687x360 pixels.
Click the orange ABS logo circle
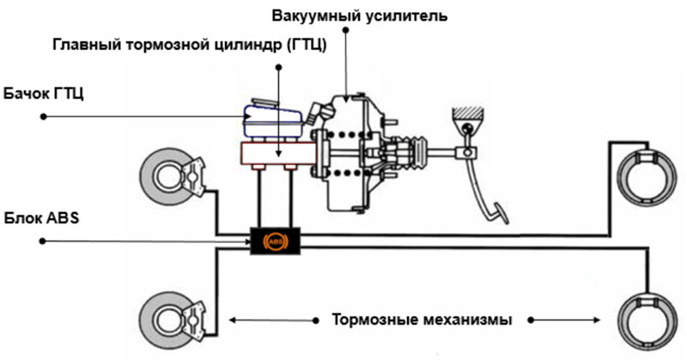(276, 242)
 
